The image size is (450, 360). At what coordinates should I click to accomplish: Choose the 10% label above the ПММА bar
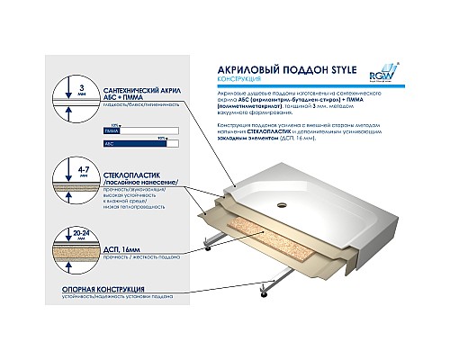pos(114,124)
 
